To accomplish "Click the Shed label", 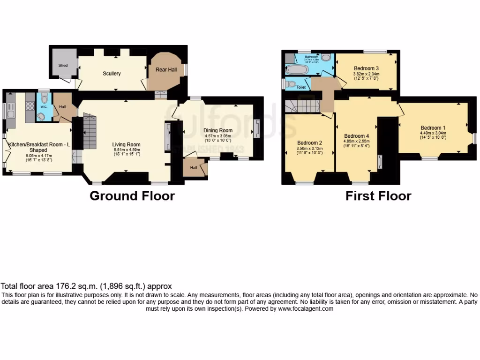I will click(x=63, y=66).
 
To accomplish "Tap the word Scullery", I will click(x=112, y=74).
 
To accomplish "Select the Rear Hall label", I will click(x=166, y=69).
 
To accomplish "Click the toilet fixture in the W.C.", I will click(x=44, y=99).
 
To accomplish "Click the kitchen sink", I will click(x=11, y=112).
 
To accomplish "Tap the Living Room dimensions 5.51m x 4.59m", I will click(x=127, y=150).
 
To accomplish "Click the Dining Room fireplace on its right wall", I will click(x=256, y=128).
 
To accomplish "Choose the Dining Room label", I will click(x=217, y=130).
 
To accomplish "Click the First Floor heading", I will click(x=378, y=195).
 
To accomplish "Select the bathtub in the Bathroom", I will click(x=297, y=70).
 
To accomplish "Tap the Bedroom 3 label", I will click(x=366, y=68).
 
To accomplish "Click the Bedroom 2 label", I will click(x=309, y=143).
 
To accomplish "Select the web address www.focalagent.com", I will click(x=305, y=309).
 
